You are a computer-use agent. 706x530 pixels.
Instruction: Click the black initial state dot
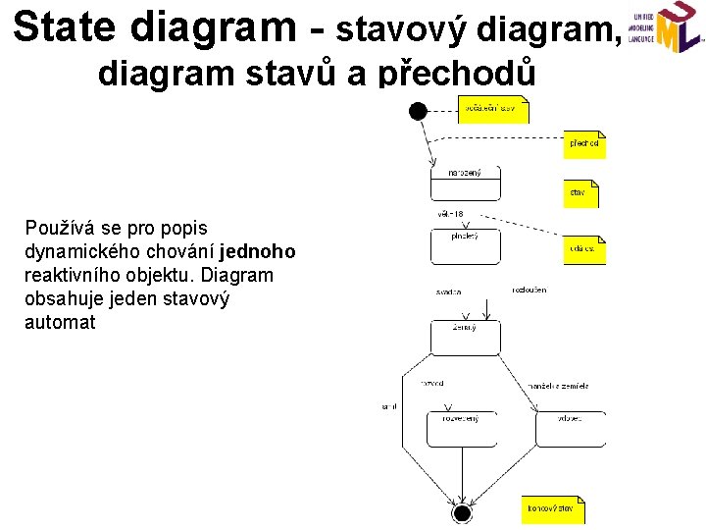coord(419,111)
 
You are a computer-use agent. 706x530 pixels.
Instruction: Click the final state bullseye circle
coord(462,512)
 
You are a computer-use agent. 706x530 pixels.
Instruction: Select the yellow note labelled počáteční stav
coord(493,109)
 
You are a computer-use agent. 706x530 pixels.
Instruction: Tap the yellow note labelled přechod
coord(583,144)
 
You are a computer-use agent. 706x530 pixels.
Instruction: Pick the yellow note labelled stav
coord(580,192)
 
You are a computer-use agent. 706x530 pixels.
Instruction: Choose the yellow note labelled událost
coord(583,250)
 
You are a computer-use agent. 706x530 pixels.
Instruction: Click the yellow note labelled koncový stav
coord(552,509)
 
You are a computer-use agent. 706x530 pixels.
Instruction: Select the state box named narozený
coord(465,183)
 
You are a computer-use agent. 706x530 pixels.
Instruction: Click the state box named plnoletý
coord(465,246)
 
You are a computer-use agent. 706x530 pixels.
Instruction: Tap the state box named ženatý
coord(465,337)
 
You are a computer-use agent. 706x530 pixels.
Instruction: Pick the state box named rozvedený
coord(461,429)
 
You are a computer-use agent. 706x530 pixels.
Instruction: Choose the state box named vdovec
coord(570,429)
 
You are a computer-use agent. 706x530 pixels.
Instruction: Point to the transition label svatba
coord(449,292)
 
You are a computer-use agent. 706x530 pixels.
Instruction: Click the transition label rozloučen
coord(529,290)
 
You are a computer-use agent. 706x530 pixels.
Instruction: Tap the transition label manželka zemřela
coord(559,386)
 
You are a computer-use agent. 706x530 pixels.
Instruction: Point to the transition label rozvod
coord(432,383)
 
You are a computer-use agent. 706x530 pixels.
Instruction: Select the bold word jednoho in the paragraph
coord(260,252)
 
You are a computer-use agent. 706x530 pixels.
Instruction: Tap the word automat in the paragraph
coord(60,322)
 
